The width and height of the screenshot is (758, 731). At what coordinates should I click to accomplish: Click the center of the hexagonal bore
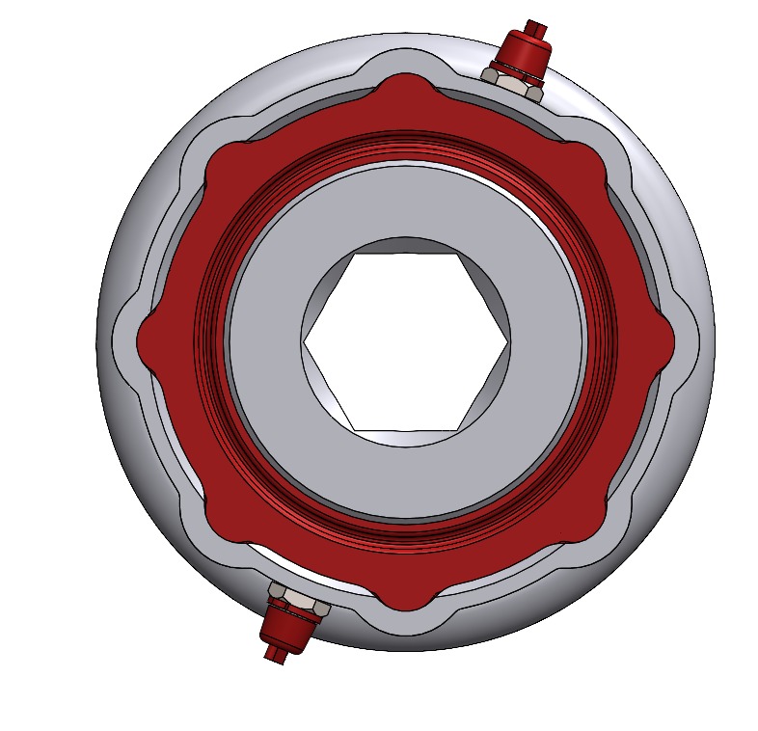(x=405, y=341)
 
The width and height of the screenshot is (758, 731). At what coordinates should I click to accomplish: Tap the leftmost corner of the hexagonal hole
(x=305, y=341)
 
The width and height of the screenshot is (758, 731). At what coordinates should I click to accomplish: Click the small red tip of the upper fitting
(x=536, y=27)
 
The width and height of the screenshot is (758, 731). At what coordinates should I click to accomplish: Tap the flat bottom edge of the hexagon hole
(x=405, y=429)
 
